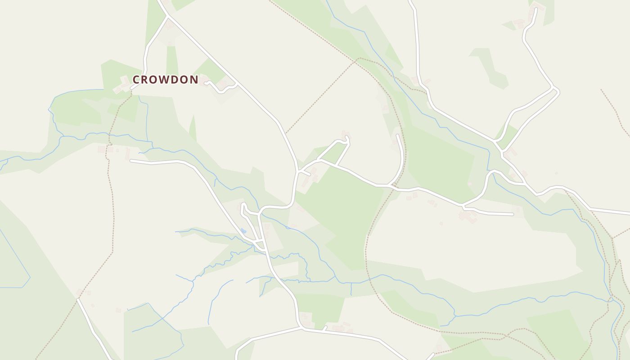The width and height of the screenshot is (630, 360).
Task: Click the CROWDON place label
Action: click(x=165, y=80)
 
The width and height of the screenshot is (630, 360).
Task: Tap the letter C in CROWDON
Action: click(x=136, y=80)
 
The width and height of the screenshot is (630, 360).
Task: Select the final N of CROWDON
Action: click(x=194, y=80)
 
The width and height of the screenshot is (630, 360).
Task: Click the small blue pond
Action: click(x=243, y=231)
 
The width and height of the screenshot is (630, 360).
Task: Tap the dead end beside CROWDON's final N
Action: click(x=206, y=82)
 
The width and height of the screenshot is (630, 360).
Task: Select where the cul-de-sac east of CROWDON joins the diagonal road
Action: click(x=237, y=84)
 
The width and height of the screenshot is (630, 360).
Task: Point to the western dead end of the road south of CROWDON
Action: click(x=131, y=160)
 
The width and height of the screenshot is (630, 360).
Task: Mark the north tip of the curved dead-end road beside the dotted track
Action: click(x=397, y=135)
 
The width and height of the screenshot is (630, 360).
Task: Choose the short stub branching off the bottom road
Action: click(x=324, y=328)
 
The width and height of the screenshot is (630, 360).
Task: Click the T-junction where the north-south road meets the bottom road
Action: click(x=300, y=328)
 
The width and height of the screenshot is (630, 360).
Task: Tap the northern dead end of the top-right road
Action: click(x=535, y=9)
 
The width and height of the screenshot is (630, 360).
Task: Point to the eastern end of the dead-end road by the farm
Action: click(x=513, y=214)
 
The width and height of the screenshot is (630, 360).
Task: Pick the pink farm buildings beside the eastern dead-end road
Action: click(x=468, y=217)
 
